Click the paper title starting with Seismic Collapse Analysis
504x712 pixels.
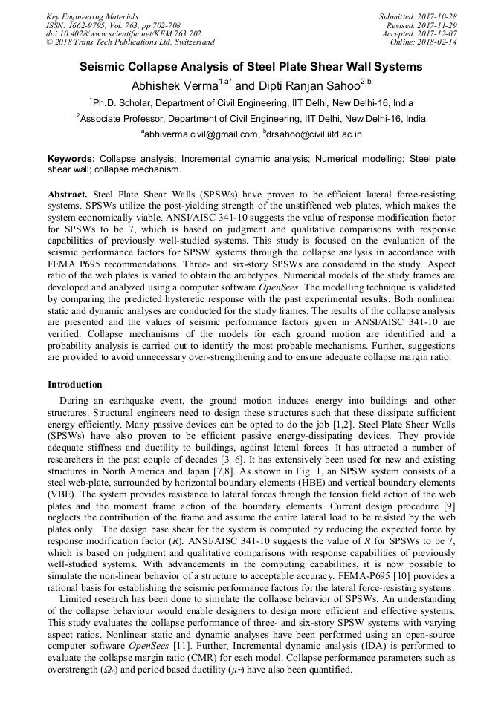[251, 67]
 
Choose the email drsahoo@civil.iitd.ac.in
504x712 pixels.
[314, 134]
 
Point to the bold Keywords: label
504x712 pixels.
[71, 159]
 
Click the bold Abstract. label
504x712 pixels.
[68, 194]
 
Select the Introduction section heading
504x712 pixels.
[75, 385]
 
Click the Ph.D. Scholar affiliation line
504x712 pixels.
[251, 102]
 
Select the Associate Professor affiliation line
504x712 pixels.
[251, 118]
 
